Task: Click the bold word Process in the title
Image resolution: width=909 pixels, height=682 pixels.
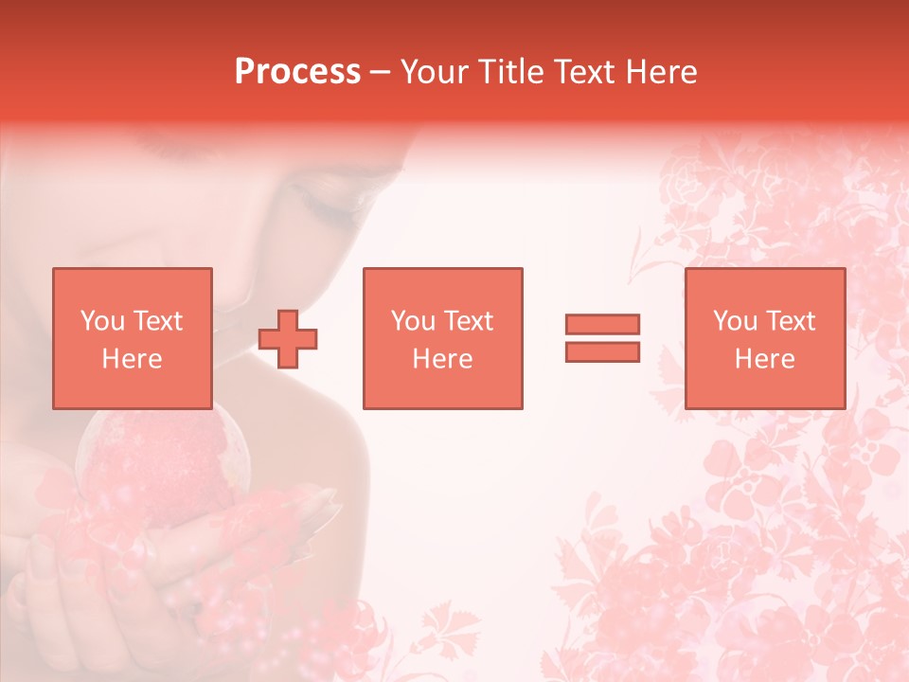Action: [x=297, y=72]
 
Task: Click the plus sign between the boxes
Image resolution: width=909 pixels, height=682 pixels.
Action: [x=288, y=340]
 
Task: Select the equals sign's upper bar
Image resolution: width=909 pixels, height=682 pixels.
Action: [x=602, y=325]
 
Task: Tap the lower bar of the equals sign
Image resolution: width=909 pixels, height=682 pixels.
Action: [x=602, y=351]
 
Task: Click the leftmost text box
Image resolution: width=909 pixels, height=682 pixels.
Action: [x=132, y=338]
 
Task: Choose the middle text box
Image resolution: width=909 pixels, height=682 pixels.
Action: [x=442, y=338]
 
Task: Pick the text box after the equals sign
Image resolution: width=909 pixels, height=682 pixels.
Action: [x=764, y=338]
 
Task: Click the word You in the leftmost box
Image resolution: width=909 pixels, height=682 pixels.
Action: [x=102, y=321]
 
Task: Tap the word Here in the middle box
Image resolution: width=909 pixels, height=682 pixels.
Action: [x=442, y=359]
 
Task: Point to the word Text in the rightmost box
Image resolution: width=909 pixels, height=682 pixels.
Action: [x=788, y=321]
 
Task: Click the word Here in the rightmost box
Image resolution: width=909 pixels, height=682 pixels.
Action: [x=764, y=359]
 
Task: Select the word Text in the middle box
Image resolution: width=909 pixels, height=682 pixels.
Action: [x=467, y=321]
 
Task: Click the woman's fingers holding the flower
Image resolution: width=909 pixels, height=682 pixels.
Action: [x=57, y=578]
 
